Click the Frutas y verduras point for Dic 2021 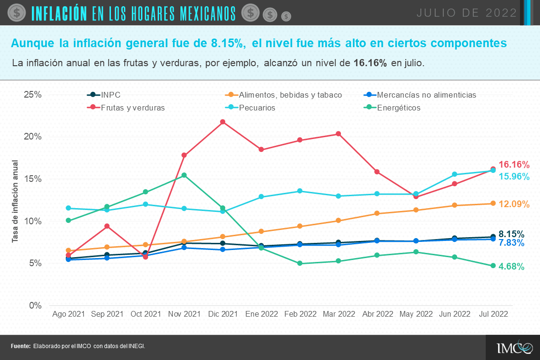pos(222,122)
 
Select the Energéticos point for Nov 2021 pos(184,175)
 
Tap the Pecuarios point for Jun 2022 pos(454,174)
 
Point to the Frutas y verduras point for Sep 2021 pos(107,226)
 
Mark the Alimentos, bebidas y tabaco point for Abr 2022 pos(377,213)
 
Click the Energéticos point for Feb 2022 pos(300,263)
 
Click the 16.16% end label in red pos(514,165)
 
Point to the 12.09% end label pos(514,204)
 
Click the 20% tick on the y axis pos(33,137)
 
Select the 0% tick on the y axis pos(35,306)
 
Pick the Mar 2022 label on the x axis pos(339,314)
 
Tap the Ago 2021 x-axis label pos(68,314)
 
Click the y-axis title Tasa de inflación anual pos(15,201)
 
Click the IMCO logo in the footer pos(514,348)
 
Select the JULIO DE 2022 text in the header pos(467,13)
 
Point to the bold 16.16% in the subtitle pos(370,63)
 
